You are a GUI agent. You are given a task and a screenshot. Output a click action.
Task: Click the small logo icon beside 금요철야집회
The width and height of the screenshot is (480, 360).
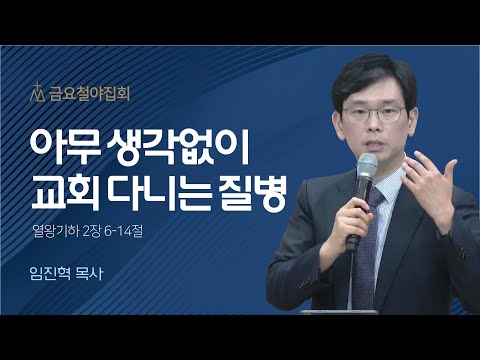(40, 95)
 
